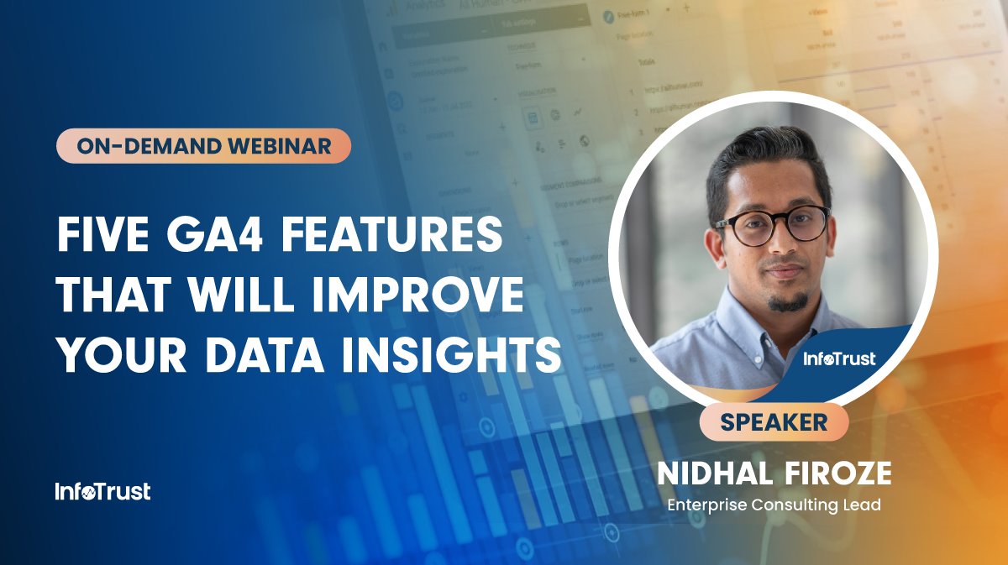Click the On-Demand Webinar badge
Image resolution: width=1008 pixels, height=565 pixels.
pyautogui.click(x=203, y=146)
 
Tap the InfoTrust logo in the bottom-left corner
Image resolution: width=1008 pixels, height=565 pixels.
pyautogui.click(x=102, y=492)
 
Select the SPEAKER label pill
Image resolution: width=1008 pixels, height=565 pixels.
pyautogui.click(x=774, y=421)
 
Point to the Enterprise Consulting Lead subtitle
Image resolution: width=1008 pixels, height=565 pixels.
pyautogui.click(x=773, y=505)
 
